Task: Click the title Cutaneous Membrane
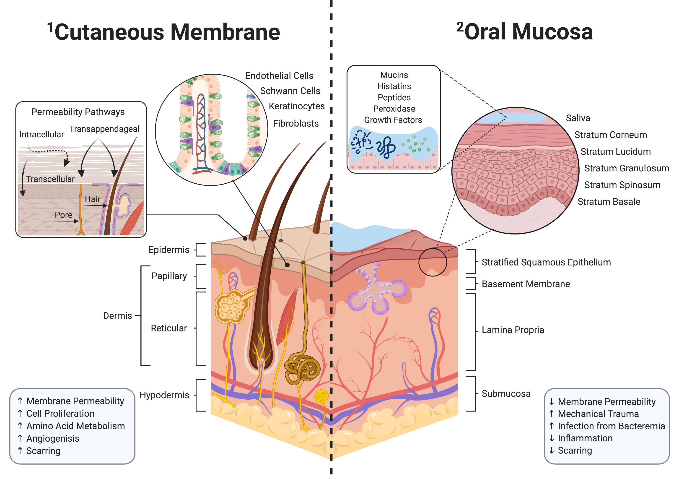click(x=167, y=32)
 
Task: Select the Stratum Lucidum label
click(x=615, y=151)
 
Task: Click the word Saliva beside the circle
click(x=578, y=118)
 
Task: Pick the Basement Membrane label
click(x=526, y=284)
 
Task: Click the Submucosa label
click(x=506, y=393)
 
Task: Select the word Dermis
click(x=117, y=315)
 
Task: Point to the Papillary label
click(x=169, y=276)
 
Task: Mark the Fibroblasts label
click(x=295, y=123)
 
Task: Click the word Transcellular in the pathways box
click(x=50, y=179)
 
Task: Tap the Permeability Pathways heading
click(x=78, y=112)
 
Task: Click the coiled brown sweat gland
click(x=301, y=368)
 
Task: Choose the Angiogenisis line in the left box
click(x=52, y=438)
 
